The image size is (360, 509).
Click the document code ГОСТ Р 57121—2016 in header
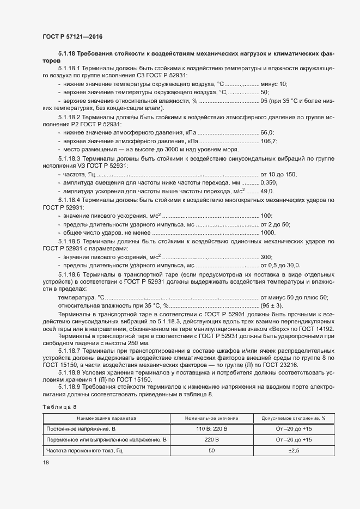pyautogui.click(x=72, y=36)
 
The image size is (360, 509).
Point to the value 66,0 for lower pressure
pyautogui.click(x=267, y=132)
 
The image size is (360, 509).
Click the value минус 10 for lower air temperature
pyautogui.click(x=273, y=84)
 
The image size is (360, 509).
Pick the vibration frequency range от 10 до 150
pyautogui.click(x=278, y=174)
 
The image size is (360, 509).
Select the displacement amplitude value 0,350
pyautogui.click(x=270, y=183)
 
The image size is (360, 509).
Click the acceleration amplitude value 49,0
pyautogui.click(x=268, y=192)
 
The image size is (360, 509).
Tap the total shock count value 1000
pyautogui.click(x=268, y=233)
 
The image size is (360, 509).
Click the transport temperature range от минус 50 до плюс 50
pyautogui.click(x=294, y=297)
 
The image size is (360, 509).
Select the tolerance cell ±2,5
pyautogui.click(x=294, y=451)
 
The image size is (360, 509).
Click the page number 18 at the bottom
pyautogui.click(x=46, y=463)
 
